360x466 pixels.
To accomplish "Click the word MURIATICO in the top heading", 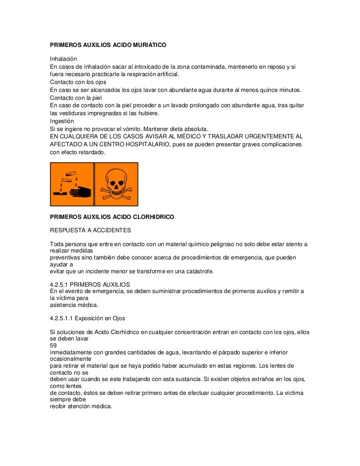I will point(146,45).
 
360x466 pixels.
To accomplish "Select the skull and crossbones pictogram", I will point(116,184).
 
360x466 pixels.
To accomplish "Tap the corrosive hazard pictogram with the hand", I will point(72,184).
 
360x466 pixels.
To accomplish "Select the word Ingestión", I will point(62,121).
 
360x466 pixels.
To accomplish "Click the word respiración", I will point(142,74).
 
